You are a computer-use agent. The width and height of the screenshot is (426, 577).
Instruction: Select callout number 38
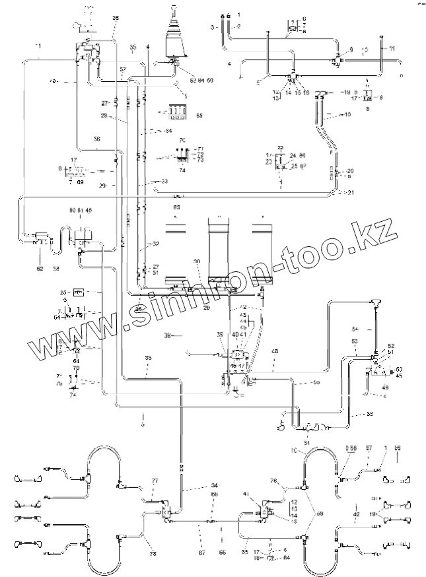point(168,335)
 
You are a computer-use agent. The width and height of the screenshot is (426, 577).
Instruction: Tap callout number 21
point(350,192)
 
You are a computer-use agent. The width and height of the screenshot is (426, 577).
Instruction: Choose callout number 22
point(280,147)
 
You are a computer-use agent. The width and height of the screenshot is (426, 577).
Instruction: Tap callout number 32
point(156,244)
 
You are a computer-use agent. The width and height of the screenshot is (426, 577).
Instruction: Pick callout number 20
point(350,170)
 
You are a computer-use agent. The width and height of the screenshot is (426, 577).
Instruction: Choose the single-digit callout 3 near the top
point(212,27)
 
